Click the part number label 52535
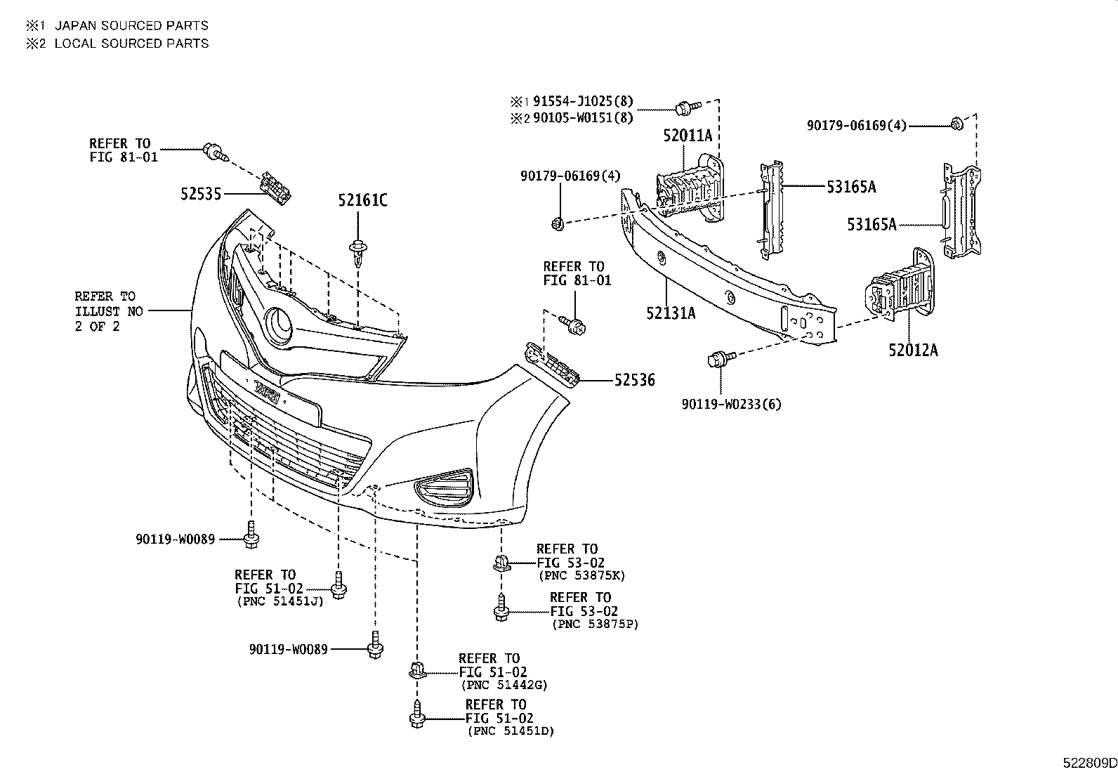click(200, 193)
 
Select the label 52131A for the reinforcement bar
click(671, 313)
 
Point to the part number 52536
click(634, 381)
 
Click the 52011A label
click(688, 136)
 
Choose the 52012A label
click(913, 349)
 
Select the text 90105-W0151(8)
click(582, 118)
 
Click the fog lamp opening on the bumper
click(444, 486)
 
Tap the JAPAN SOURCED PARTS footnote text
click(131, 25)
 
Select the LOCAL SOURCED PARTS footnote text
click(131, 43)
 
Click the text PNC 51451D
click(511, 731)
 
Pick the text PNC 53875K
click(581, 575)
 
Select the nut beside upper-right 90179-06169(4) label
click(956, 124)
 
